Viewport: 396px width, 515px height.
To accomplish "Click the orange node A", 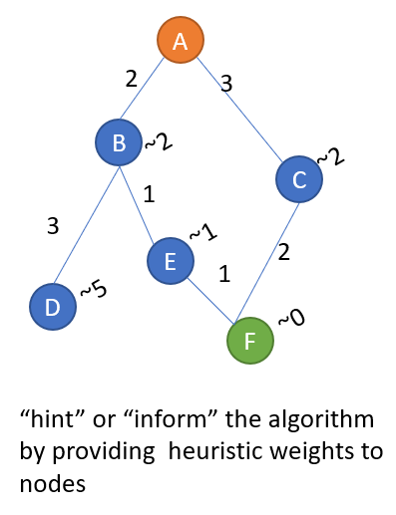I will (x=181, y=41).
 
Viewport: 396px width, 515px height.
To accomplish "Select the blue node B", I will (x=120, y=144).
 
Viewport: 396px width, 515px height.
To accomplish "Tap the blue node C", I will (x=299, y=180).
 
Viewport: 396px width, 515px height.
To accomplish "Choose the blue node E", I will (x=171, y=262).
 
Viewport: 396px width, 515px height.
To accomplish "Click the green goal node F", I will (x=250, y=341).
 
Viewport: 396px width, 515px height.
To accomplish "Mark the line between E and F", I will (x=211, y=302).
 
